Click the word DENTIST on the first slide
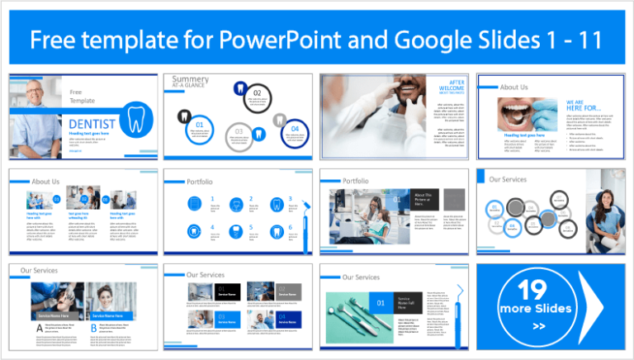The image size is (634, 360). pyautogui.click(x=92, y=124)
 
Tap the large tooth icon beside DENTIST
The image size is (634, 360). pyautogui.click(x=136, y=116)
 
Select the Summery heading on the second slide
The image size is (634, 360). pyautogui.click(x=191, y=80)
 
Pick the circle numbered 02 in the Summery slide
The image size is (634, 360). pyautogui.click(x=257, y=93)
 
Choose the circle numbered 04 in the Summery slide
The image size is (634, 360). pyautogui.click(x=295, y=128)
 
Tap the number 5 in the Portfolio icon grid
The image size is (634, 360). pyautogui.click(x=250, y=226)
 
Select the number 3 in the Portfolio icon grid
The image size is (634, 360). pyautogui.click(x=290, y=199)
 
